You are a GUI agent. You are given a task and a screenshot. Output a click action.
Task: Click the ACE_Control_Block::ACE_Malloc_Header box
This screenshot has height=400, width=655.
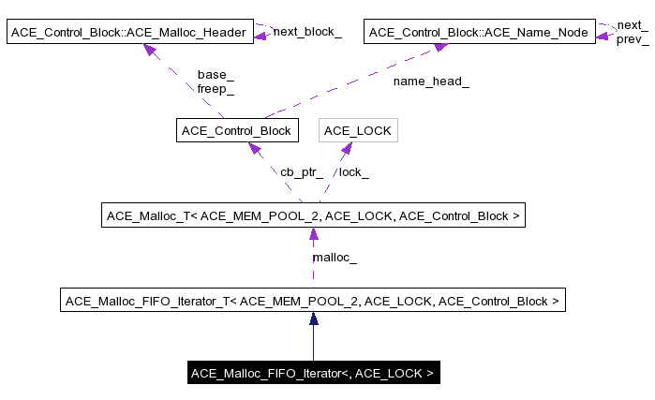[130, 34]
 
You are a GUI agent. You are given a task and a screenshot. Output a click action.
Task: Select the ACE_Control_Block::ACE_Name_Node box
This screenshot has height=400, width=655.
[479, 34]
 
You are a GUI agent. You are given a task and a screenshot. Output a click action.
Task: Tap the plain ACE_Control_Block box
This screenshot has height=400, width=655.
[236, 130]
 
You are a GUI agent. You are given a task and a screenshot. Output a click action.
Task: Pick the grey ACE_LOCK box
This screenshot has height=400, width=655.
[357, 130]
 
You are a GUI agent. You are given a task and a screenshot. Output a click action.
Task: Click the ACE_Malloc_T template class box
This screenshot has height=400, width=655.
[312, 216]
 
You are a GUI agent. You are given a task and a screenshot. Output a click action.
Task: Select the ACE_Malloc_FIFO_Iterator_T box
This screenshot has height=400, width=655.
[313, 302]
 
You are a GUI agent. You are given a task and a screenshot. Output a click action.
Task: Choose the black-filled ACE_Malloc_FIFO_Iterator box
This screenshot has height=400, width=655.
[312, 373]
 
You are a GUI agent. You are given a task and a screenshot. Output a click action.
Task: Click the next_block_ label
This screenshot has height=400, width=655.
[306, 32]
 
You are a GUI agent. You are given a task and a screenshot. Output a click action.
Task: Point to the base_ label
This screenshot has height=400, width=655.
[216, 75]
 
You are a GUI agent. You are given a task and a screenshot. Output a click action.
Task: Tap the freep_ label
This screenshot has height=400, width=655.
[216, 89]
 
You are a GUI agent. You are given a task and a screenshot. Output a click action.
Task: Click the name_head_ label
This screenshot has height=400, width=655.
[431, 81]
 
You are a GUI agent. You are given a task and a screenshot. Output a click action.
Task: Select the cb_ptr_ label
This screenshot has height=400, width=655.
[301, 172]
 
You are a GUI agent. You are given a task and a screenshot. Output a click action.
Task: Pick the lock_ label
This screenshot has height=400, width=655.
[353, 172]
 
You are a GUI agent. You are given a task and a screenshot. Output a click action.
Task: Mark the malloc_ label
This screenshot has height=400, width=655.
[334, 257]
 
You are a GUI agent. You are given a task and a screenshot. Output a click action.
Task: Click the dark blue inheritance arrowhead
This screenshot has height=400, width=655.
[314, 319]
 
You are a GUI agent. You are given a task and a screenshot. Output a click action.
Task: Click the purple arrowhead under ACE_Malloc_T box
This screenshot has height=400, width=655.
[314, 234]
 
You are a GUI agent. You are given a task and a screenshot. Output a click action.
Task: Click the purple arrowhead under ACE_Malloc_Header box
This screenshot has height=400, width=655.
[149, 50]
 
